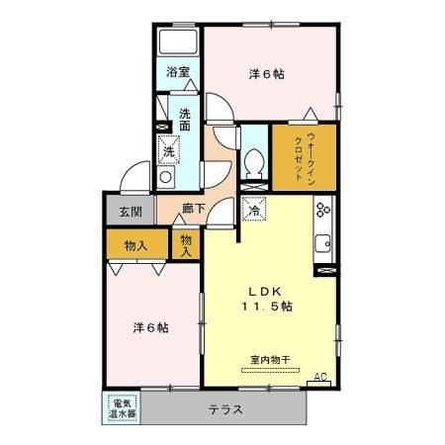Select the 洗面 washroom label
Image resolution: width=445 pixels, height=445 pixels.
click(184, 120)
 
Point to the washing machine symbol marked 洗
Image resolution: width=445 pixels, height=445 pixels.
click(169, 151)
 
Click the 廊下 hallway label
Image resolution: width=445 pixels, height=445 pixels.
click(195, 211)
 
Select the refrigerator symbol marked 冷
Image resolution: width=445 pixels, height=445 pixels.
click(253, 209)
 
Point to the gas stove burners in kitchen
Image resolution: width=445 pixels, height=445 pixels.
click(322, 211)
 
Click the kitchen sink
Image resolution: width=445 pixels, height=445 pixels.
click(322, 245)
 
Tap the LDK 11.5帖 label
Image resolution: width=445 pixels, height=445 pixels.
click(263, 298)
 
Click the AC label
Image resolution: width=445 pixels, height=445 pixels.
click(319, 377)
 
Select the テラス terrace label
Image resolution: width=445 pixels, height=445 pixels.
click(225, 408)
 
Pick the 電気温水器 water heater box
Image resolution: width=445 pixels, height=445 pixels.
click(122, 408)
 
